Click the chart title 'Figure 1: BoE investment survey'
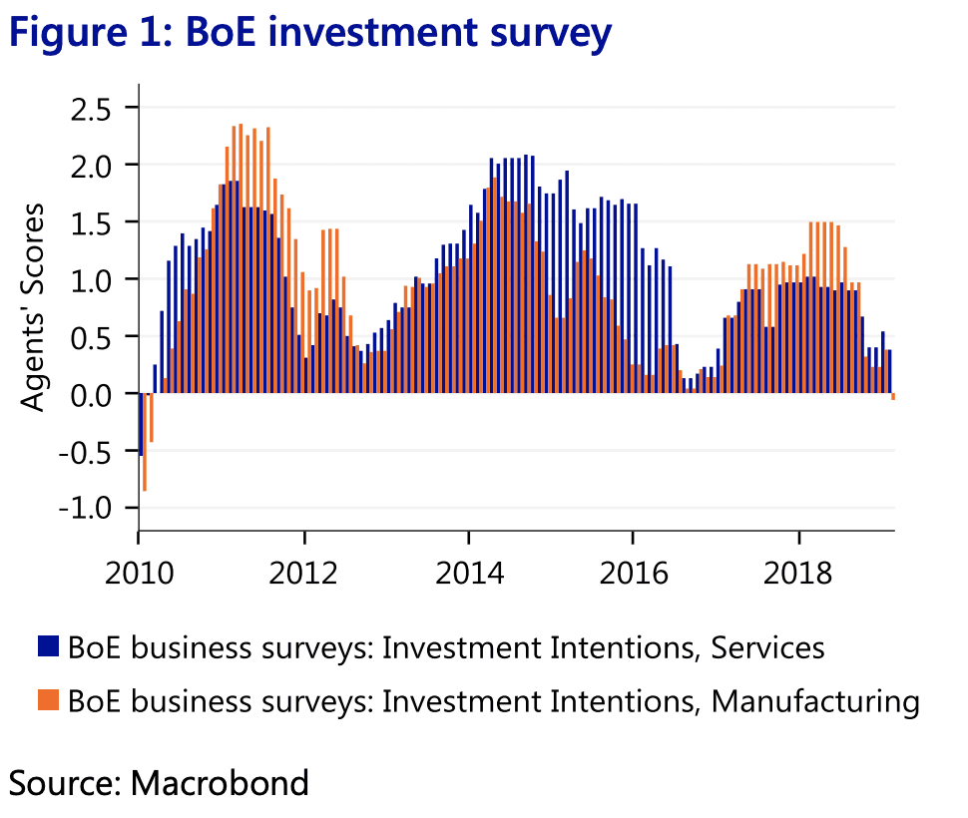point(309,33)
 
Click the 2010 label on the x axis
point(139,576)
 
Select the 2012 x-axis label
point(303,576)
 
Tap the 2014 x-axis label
point(468,576)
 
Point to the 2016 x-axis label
point(633,576)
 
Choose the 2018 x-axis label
point(798,576)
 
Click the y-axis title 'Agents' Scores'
point(35,306)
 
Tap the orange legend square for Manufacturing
point(49,701)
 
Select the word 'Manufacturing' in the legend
point(814,701)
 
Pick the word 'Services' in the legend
point(767,647)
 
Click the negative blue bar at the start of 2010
point(140,425)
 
